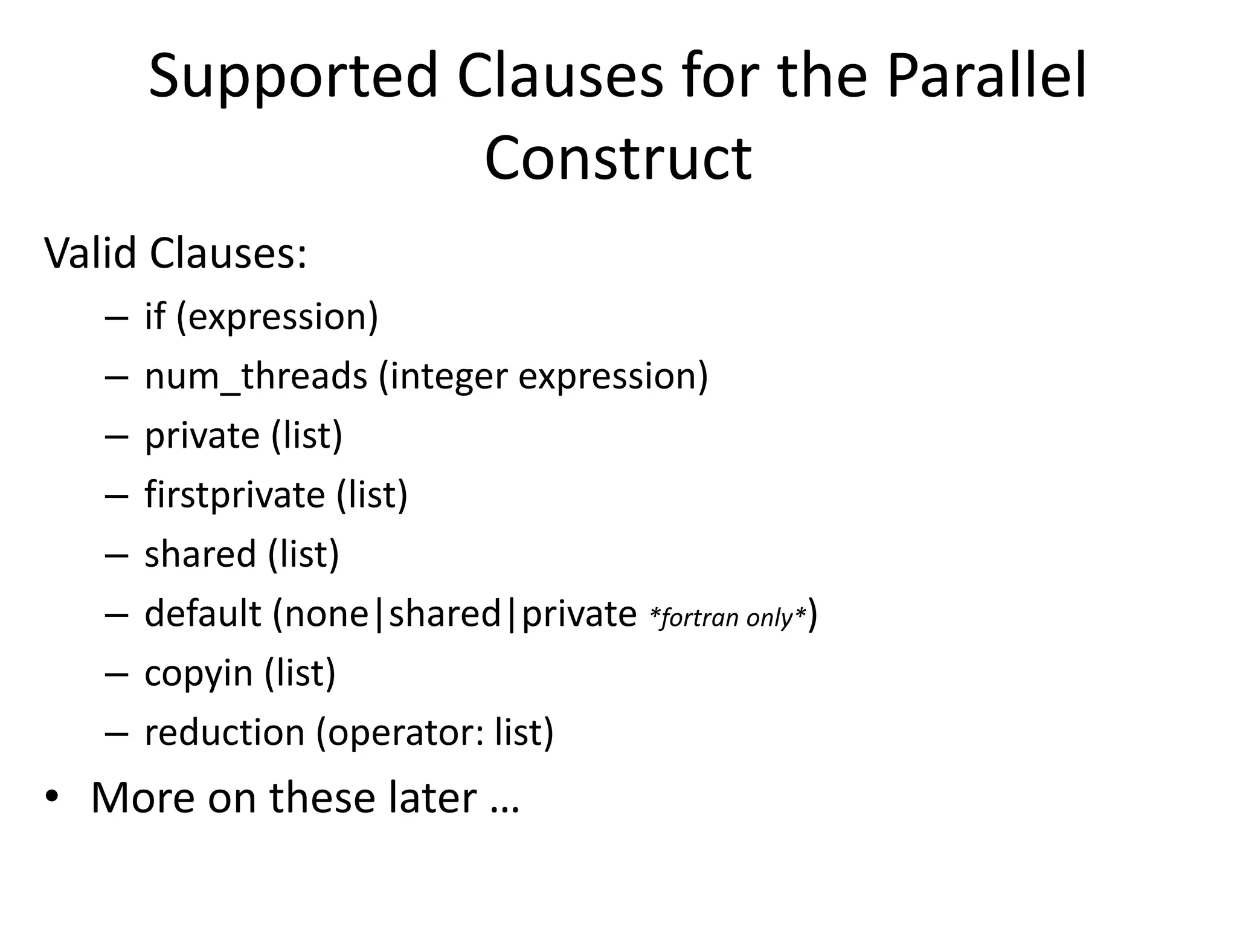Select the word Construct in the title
point(618,158)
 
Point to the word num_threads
point(255,376)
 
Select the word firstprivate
point(235,495)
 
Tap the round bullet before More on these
point(52,797)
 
